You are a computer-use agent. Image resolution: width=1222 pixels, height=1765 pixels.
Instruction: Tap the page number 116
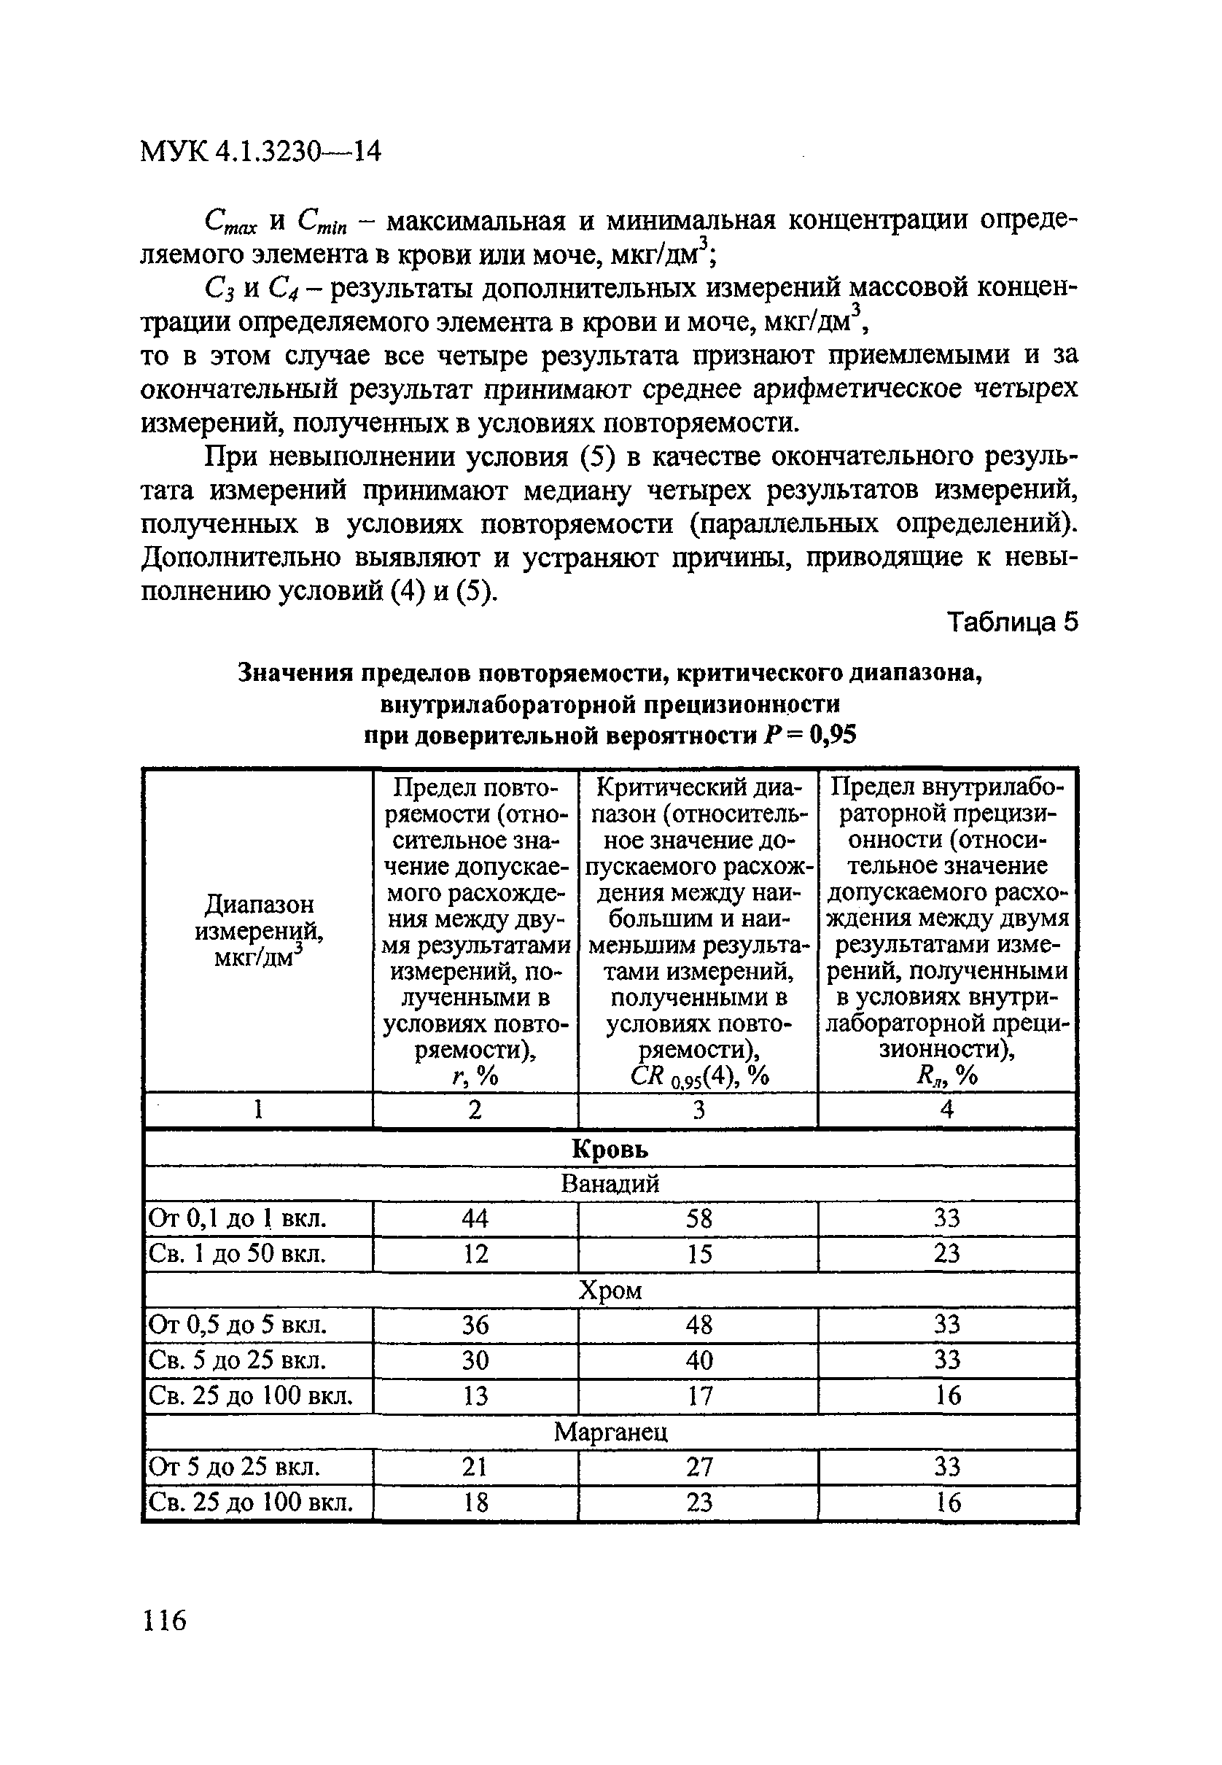[x=164, y=1620]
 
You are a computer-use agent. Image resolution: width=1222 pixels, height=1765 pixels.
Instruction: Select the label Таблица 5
[x=1012, y=623]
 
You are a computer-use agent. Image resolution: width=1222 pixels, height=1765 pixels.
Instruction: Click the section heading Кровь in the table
[x=610, y=1149]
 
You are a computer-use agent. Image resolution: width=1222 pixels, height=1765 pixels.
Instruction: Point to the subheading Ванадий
[x=610, y=1184]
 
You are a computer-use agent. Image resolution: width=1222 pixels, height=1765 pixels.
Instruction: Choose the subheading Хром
[x=610, y=1290]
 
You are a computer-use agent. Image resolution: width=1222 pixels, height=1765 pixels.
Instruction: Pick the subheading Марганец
[x=610, y=1431]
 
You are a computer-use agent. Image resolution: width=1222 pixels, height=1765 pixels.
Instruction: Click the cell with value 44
[x=475, y=1218]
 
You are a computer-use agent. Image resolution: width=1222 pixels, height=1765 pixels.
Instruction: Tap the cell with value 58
[x=698, y=1218]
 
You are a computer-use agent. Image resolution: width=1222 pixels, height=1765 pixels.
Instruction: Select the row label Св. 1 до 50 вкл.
[x=238, y=1254]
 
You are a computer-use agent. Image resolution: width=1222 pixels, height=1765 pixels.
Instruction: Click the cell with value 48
[x=698, y=1325]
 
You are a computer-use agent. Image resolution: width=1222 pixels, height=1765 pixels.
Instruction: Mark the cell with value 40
[x=698, y=1360]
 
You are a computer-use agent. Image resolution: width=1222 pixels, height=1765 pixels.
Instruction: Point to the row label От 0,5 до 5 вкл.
[x=238, y=1325]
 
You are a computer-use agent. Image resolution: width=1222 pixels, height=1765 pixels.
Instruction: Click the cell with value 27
[x=698, y=1467]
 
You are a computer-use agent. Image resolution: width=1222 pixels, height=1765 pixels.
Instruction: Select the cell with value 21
[x=475, y=1467]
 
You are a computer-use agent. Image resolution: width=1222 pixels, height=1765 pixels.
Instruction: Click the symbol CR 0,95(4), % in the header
[x=698, y=1077]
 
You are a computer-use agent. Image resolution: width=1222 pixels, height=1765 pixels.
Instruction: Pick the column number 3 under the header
[x=698, y=1110]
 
